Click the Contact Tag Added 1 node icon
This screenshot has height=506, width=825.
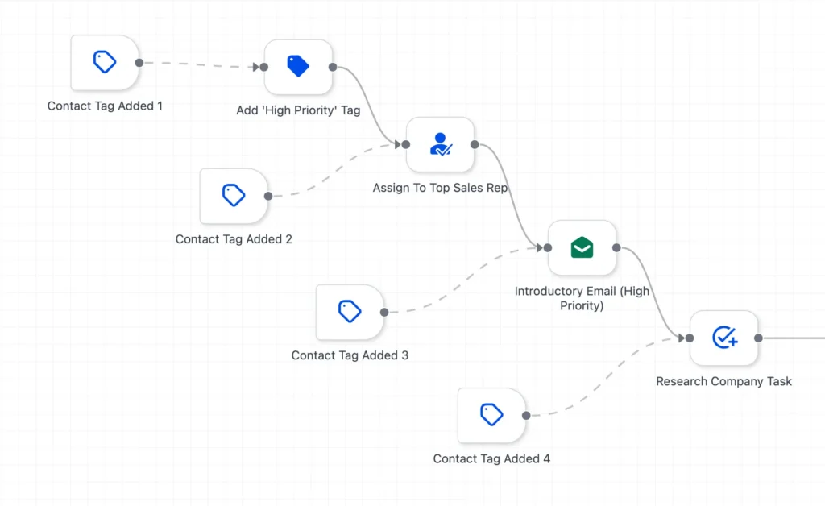pyautogui.click(x=105, y=62)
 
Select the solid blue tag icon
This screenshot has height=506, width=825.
pyautogui.click(x=298, y=66)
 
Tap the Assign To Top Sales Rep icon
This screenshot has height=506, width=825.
pyautogui.click(x=441, y=144)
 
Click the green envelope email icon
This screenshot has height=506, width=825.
pyautogui.click(x=582, y=247)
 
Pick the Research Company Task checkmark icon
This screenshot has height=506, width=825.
pyautogui.click(x=724, y=338)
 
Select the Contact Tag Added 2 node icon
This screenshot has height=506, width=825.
pyautogui.click(x=234, y=195)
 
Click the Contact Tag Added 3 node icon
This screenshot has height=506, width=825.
pyautogui.click(x=350, y=311)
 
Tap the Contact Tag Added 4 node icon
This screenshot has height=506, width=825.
pyautogui.click(x=491, y=414)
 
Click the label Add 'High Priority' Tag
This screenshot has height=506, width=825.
pyautogui.click(x=298, y=110)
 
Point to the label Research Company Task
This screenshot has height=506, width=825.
pyautogui.click(x=723, y=381)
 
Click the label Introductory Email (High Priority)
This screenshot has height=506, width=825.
pyautogui.click(x=582, y=298)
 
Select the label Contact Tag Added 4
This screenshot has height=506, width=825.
pyautogui.click(x=491, y=458)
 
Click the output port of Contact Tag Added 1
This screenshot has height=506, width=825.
pyautogui.click(x=139, y=63)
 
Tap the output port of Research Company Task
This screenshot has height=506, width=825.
pyautogui.click(x=758, y=338)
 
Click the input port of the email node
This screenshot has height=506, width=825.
pyautogui.click(x=548, y=247)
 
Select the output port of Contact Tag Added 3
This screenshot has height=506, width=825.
pyautogui.click(x=384, y=312)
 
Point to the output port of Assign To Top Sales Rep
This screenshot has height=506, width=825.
pyautogui.click(x=475, y=144)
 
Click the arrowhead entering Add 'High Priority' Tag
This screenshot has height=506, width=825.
pyautogui.click(x=255, y=67)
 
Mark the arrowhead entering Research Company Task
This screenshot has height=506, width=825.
pyautogui.click(x=682, y=338)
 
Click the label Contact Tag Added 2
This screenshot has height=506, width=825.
pyautogui.click(x=234, y=239)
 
